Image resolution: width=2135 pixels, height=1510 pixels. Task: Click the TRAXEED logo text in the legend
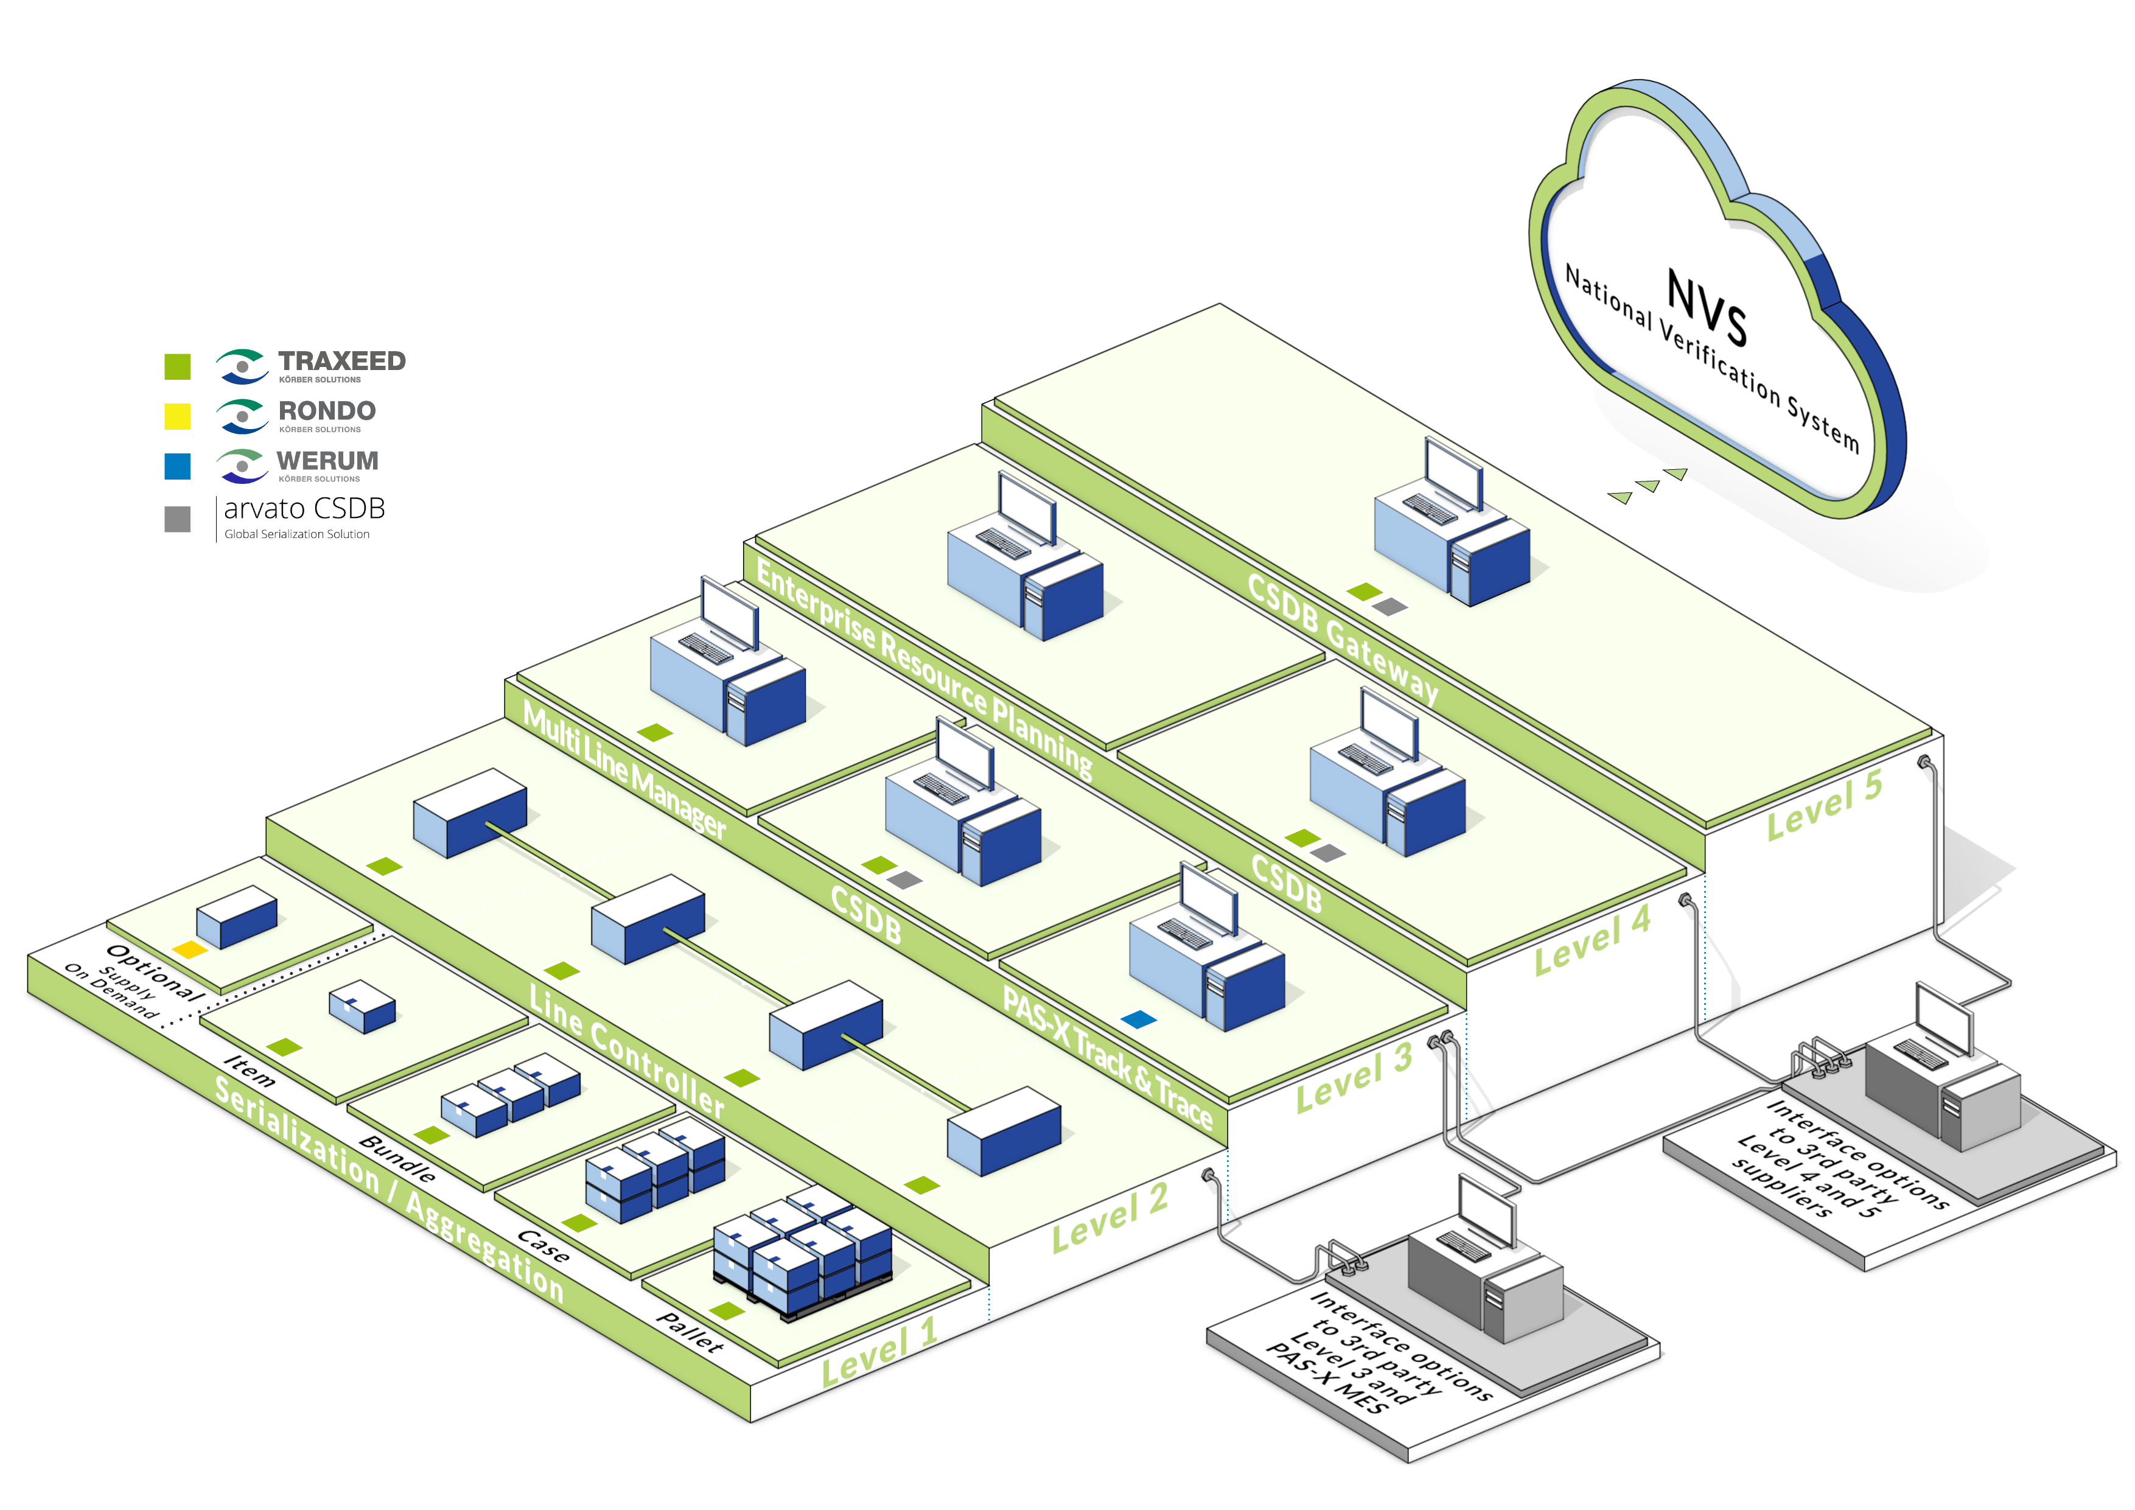341,361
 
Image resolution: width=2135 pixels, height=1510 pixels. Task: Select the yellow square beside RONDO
178,416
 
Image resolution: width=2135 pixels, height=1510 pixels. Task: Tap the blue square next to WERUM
178,466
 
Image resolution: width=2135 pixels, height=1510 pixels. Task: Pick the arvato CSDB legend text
304,509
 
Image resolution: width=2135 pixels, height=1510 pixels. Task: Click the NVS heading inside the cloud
1707,306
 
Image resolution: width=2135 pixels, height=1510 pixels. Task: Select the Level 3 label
1355,1078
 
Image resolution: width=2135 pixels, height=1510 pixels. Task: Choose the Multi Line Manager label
624,770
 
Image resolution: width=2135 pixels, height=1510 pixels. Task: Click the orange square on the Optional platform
190,949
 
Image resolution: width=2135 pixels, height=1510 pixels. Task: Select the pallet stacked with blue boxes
803,1253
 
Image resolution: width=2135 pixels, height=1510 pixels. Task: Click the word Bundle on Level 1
397,1159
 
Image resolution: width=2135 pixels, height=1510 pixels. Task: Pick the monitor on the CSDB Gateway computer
1455,474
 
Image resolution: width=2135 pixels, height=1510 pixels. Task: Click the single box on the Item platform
363,1006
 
